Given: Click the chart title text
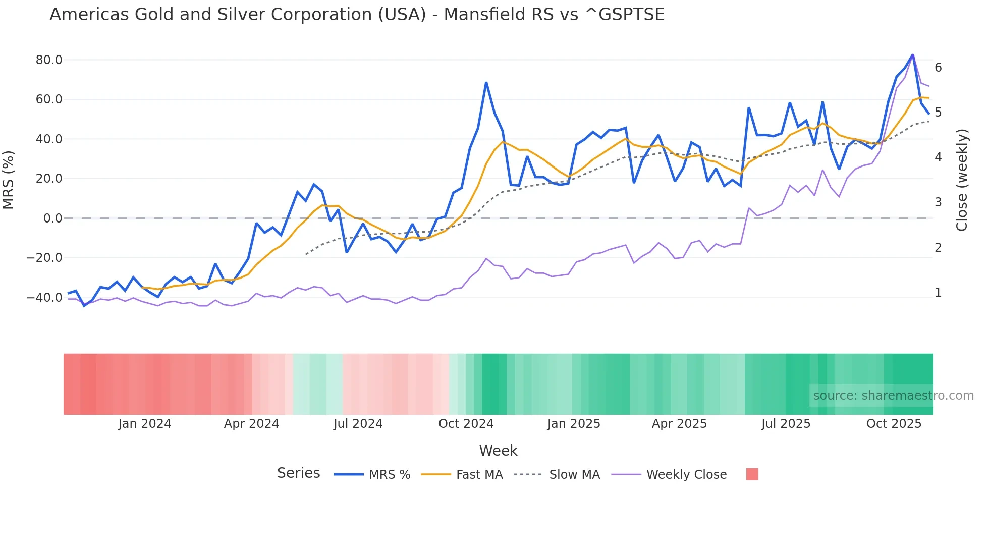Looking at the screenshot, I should [357, 15].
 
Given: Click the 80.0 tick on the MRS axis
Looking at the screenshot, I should [49, 60].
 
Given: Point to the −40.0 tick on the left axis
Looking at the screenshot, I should [44, 298].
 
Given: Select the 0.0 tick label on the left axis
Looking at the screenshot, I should [53, 218].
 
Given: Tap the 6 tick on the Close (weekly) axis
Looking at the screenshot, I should [938, 68].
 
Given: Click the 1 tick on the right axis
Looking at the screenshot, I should [938, 293].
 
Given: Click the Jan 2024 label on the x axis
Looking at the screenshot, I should [145, 424].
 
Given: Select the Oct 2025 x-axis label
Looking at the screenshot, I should [894, 424].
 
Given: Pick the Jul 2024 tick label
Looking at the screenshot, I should [358, 424].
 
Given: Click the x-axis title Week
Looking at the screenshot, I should [498, 451].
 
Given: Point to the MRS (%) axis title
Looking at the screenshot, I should [9, 180].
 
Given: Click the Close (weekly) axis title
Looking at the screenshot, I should [962, 180].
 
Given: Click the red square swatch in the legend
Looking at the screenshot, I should [752, 474].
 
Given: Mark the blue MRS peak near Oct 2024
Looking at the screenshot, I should [486, 82].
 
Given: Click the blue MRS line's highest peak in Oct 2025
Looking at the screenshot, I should [912, 54].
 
